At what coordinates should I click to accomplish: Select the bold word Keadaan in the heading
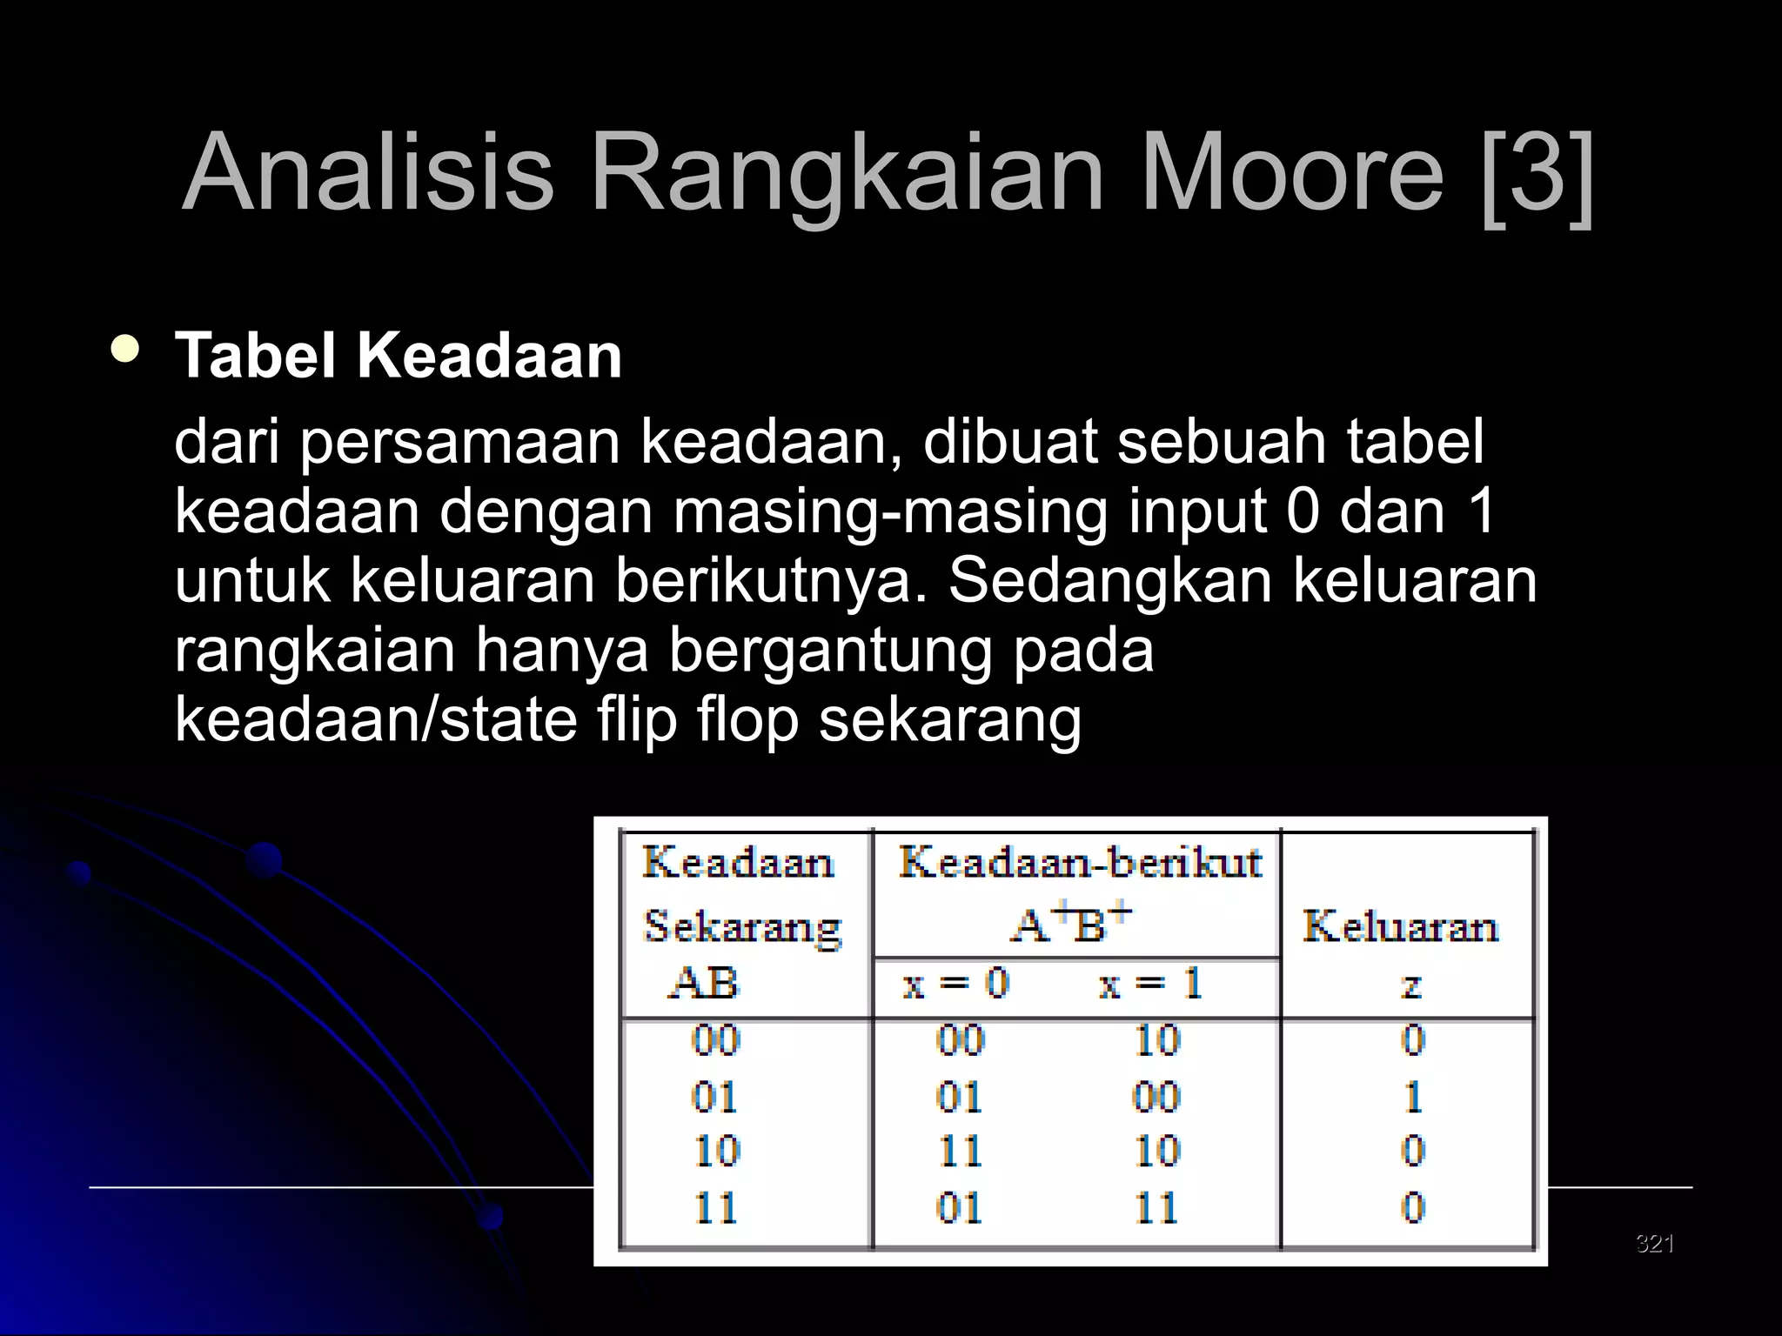point(489,356)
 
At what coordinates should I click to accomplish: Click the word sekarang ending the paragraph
point(950,720)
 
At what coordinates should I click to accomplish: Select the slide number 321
point(1654,1243)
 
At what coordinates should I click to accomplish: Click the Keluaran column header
point(1400,926)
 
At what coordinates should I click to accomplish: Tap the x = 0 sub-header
point(955,985)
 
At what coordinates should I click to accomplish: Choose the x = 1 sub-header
point(1150,985)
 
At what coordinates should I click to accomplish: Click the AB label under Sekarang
point(703,984)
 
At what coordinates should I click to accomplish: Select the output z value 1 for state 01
point(1413,1097)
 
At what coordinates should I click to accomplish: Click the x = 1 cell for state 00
point(1156,1040)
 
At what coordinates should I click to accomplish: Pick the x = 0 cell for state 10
point(959,1152)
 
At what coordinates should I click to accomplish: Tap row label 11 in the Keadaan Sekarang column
point(715,1208)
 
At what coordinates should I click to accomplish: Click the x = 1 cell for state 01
point(1156,1097)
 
